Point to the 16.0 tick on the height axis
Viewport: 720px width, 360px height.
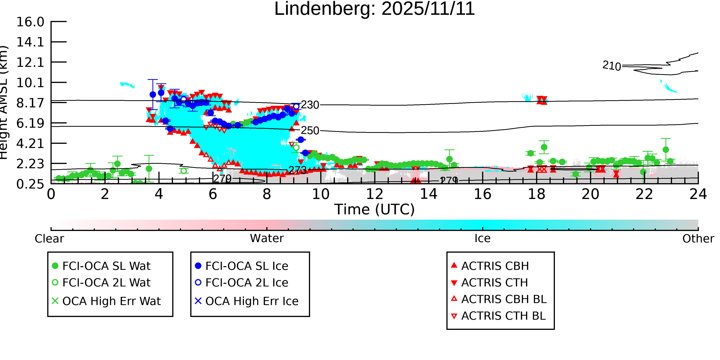click(x=30, y=22)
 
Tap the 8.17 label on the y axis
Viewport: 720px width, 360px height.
click(x=30, y=103)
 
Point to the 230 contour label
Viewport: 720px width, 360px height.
click(x=310, y=105)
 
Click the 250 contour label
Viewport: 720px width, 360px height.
click(x=310, y=131)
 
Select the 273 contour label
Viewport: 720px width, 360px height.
click(x=297, y=170)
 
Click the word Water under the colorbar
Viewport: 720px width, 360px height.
click(x=267, y=238)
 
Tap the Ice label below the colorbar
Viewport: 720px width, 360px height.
click(x=482, y=238)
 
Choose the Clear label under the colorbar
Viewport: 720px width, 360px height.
click(x=49, y=239)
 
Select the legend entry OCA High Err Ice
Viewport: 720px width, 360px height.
click(x=252, y=301)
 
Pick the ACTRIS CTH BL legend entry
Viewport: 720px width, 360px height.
click(x=503, y=316)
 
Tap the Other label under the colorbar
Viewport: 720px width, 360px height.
click(x=698, y=239)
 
